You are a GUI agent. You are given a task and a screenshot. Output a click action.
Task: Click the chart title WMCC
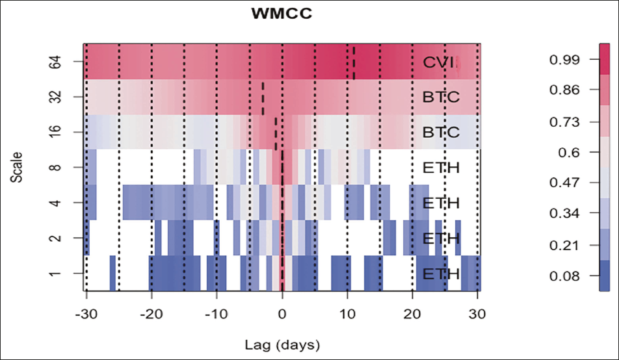(282, 13)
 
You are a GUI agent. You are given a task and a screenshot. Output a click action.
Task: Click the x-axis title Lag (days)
(282, 343)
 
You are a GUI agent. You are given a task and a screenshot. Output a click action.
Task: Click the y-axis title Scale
(18, 168)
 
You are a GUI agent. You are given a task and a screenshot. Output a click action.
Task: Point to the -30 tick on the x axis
(86, 313)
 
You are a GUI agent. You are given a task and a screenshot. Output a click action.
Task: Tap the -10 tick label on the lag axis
(216, 313)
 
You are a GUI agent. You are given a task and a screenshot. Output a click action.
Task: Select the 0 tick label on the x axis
(282, 313)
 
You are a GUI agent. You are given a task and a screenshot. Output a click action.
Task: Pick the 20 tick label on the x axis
(412, 313)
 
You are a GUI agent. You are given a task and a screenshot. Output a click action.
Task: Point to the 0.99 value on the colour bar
(563, 60)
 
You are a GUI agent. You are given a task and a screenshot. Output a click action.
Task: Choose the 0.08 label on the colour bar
(563, 276)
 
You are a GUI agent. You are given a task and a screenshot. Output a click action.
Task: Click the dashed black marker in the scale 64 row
(354, 62)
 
